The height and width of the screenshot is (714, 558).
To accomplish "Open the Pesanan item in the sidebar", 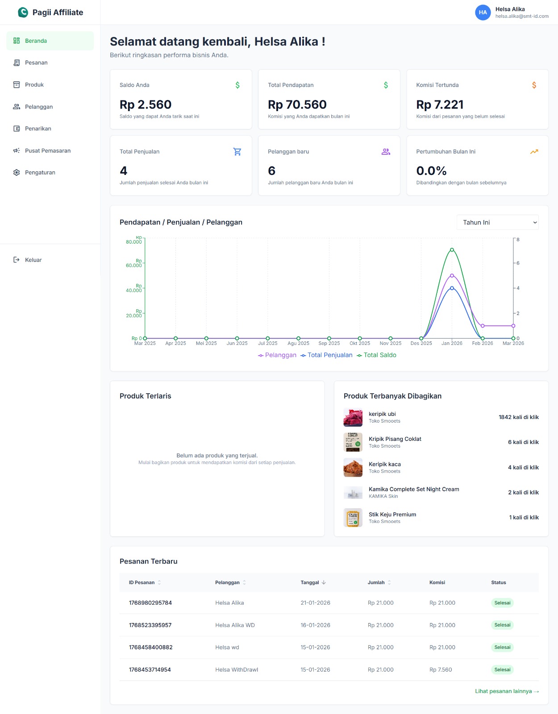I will [x=36, y=63].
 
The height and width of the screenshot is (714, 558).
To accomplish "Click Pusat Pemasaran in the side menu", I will [x=47, y=151].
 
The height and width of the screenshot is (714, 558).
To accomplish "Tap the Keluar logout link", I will [x=33, y=260].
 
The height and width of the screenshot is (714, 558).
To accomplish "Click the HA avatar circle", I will [x=483, y=12].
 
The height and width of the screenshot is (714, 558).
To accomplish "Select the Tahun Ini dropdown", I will [x=497, y=223].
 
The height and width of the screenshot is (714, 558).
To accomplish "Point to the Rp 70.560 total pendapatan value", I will [x=297, y=105].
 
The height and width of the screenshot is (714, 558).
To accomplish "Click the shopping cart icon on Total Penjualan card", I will [x=237, y=152].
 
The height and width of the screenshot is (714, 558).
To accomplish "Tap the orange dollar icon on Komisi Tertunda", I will [x=534, y=85].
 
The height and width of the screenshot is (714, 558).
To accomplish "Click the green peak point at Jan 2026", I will [x=452, y=250].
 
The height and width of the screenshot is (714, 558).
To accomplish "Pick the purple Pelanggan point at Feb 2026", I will [x=483, y=326].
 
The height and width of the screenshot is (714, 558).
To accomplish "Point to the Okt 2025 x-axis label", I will [x=360, y=344].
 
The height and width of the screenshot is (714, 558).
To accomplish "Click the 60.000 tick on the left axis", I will [x=134, y=266].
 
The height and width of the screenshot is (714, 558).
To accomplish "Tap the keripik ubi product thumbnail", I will [x=353, y=418].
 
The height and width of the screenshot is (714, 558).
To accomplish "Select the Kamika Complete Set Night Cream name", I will [x=414, y=490].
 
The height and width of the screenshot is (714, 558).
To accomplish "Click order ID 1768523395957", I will [x=150, y=625].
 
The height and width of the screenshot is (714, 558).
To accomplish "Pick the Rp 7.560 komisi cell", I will [x=441, y=670].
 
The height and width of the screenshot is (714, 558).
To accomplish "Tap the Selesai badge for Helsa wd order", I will [x=502, y=648].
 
